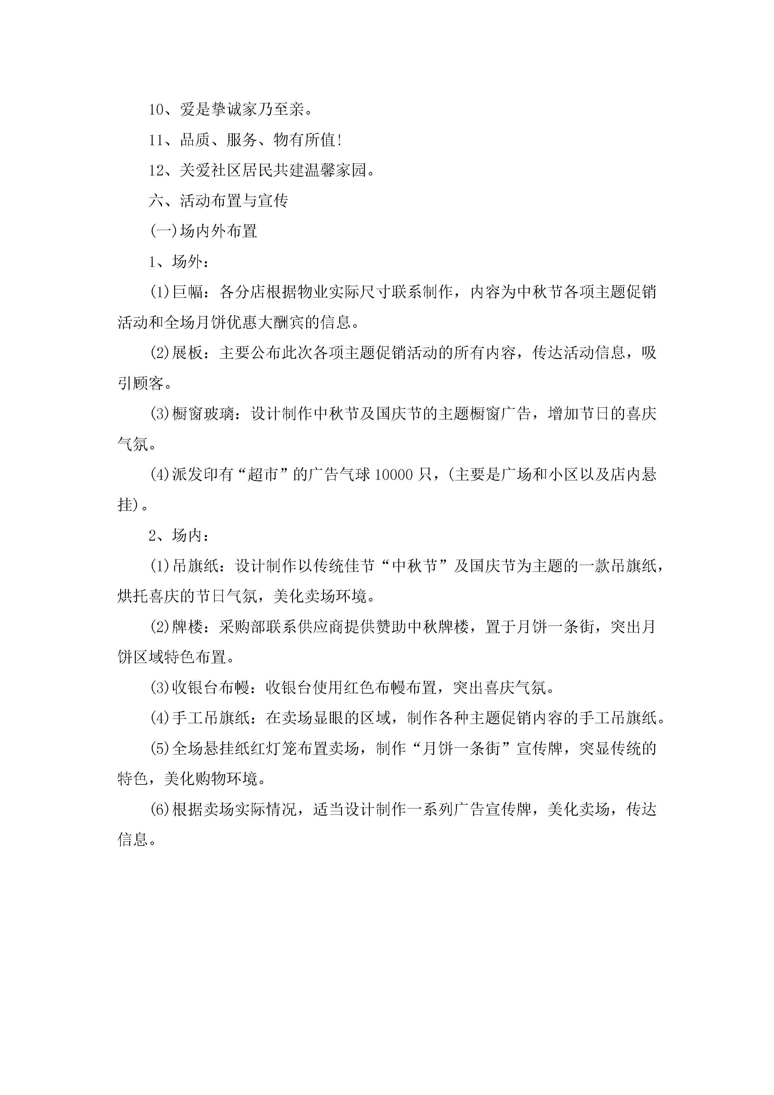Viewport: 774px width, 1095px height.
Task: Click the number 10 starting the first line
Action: click(x=156, y=110)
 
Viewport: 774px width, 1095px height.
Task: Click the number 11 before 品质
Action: click(x=156, y=140)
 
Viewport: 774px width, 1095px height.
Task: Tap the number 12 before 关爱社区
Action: click(x=156, y=170)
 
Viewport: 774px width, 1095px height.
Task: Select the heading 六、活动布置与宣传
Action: click(x=218, y=201)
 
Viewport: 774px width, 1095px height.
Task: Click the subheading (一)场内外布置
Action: click(x=203, y=231)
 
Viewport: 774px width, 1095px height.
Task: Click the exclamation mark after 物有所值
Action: click(x=339, y=140)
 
